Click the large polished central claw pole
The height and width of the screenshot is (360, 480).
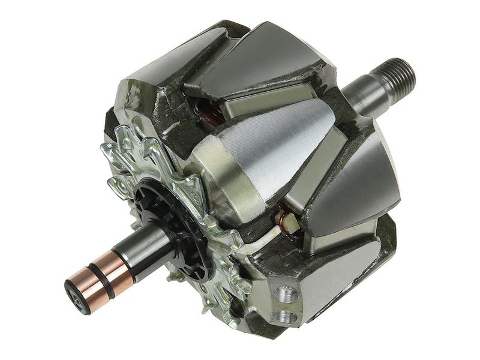coord(264,150)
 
